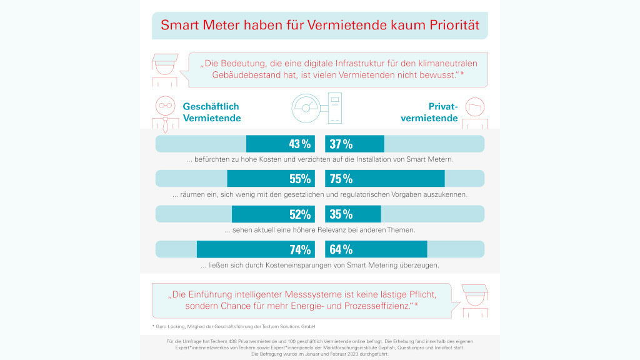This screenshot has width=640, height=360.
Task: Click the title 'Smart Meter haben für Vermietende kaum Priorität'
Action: [x=319, y=26]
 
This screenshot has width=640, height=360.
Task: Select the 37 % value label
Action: [x=341, y=144]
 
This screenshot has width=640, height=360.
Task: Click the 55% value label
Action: [x=300, y=179]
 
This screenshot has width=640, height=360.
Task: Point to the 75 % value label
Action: [x=341, y=179]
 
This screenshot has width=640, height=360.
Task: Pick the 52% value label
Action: [x=300, y=214]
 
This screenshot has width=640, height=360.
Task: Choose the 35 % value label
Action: [x=341, y=214]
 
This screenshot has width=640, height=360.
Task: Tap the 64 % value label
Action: [x=341, y=249]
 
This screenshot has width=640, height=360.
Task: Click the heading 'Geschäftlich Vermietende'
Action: [x=212, y=112]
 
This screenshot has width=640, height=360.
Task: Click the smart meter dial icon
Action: [x=306, y=109]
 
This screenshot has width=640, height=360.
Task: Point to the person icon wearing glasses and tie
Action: [x=164, y=114]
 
